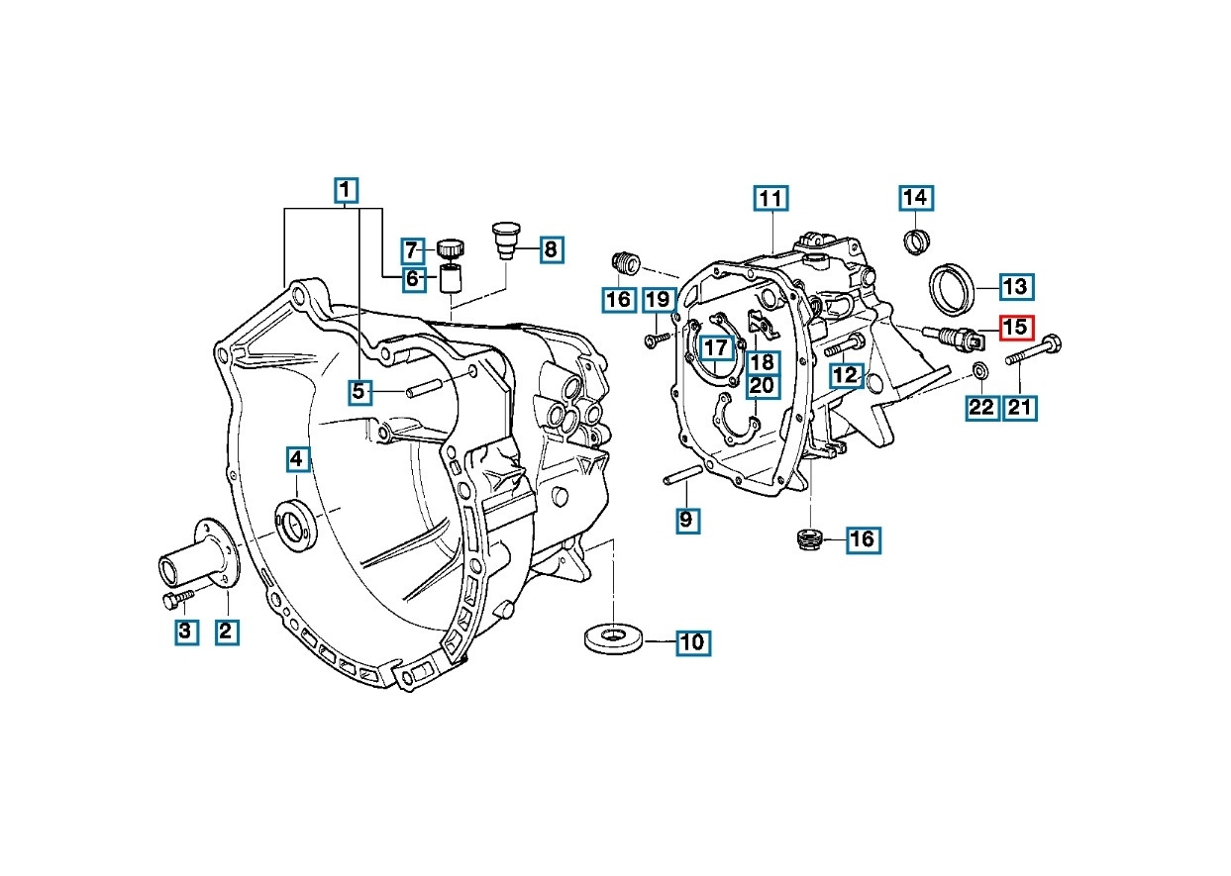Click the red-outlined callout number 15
tap(1015, 327)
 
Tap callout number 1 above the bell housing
tap(345, 190)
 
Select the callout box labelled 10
tap(692, 642)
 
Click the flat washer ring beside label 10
tap(614, 637)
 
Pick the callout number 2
tap(227, 631)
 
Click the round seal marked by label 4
tap(297, 525)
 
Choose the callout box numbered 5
tap(359, 392)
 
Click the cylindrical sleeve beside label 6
tap(452, 280)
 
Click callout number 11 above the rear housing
tap(770, 199)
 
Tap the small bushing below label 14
tap(917, 240)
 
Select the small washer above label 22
tap(980, 370)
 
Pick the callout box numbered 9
tap(686, 519)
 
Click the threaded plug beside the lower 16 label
tap(811, 539)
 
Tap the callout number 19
tap(658, 299)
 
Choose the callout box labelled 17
tap(715, 348)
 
